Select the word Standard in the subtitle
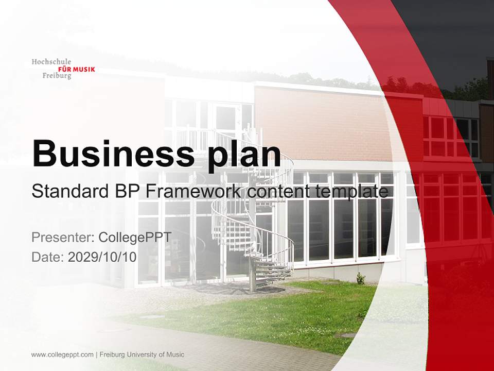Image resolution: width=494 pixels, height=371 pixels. [67, 192]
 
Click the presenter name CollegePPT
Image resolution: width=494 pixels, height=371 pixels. [134, 238]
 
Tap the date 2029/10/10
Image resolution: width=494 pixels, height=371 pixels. [102, 257]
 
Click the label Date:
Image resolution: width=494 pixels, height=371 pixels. [48, 257]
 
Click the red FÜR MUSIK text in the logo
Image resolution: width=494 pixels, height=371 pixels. [77, 69]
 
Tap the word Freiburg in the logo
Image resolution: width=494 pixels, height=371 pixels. [57, 76]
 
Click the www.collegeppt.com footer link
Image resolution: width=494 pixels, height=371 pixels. [62, 355]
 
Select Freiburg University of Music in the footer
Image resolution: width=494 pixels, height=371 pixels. [142, 355]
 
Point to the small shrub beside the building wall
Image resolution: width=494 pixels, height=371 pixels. [361, 278]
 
